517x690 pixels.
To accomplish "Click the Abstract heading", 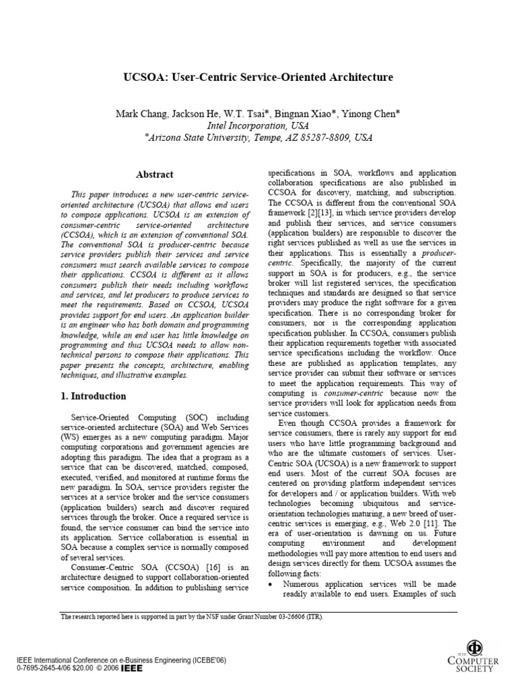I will click(x=155, y=175).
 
